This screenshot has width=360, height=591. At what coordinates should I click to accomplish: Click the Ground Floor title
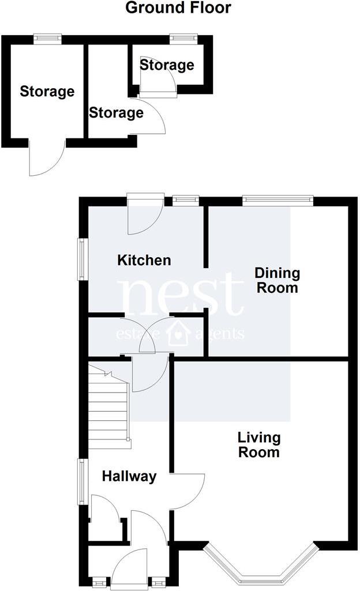pyautogui.click(x=178, y=8)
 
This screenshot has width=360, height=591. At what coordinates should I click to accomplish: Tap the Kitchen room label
pyautogui.click(x=144, y=260)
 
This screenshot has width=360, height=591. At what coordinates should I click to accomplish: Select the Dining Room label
pyautogui.click(x=277, y=280)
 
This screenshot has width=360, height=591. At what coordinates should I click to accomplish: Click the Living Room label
pyautogui.click(x=259, y=445)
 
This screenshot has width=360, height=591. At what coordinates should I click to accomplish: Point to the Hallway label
pyautogui.click(x=129, y=476)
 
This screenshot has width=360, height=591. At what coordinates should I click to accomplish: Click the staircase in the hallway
pyautogui.click(x=108, y=407)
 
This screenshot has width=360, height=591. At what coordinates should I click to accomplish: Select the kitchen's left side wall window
pyautogui.click(x=82, y=259)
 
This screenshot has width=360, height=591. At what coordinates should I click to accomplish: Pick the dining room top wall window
pyautogui.click(x=277, y=201)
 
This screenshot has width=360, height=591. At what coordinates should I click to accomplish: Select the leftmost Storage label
pyautogui.click(x=47, y=91)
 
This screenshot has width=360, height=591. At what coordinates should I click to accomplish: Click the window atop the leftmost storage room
pyautogui.click(x=47, y=39)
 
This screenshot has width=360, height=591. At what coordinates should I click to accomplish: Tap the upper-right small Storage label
pyautogui.click(x=167, y=65)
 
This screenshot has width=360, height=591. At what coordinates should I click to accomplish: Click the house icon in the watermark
pyautogui.click(x=178, y=334)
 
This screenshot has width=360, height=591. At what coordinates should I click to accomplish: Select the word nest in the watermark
pyautogui.click(x=180, y=295)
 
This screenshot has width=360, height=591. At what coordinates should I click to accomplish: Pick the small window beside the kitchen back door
pyautogui.click(x=186, y=201)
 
